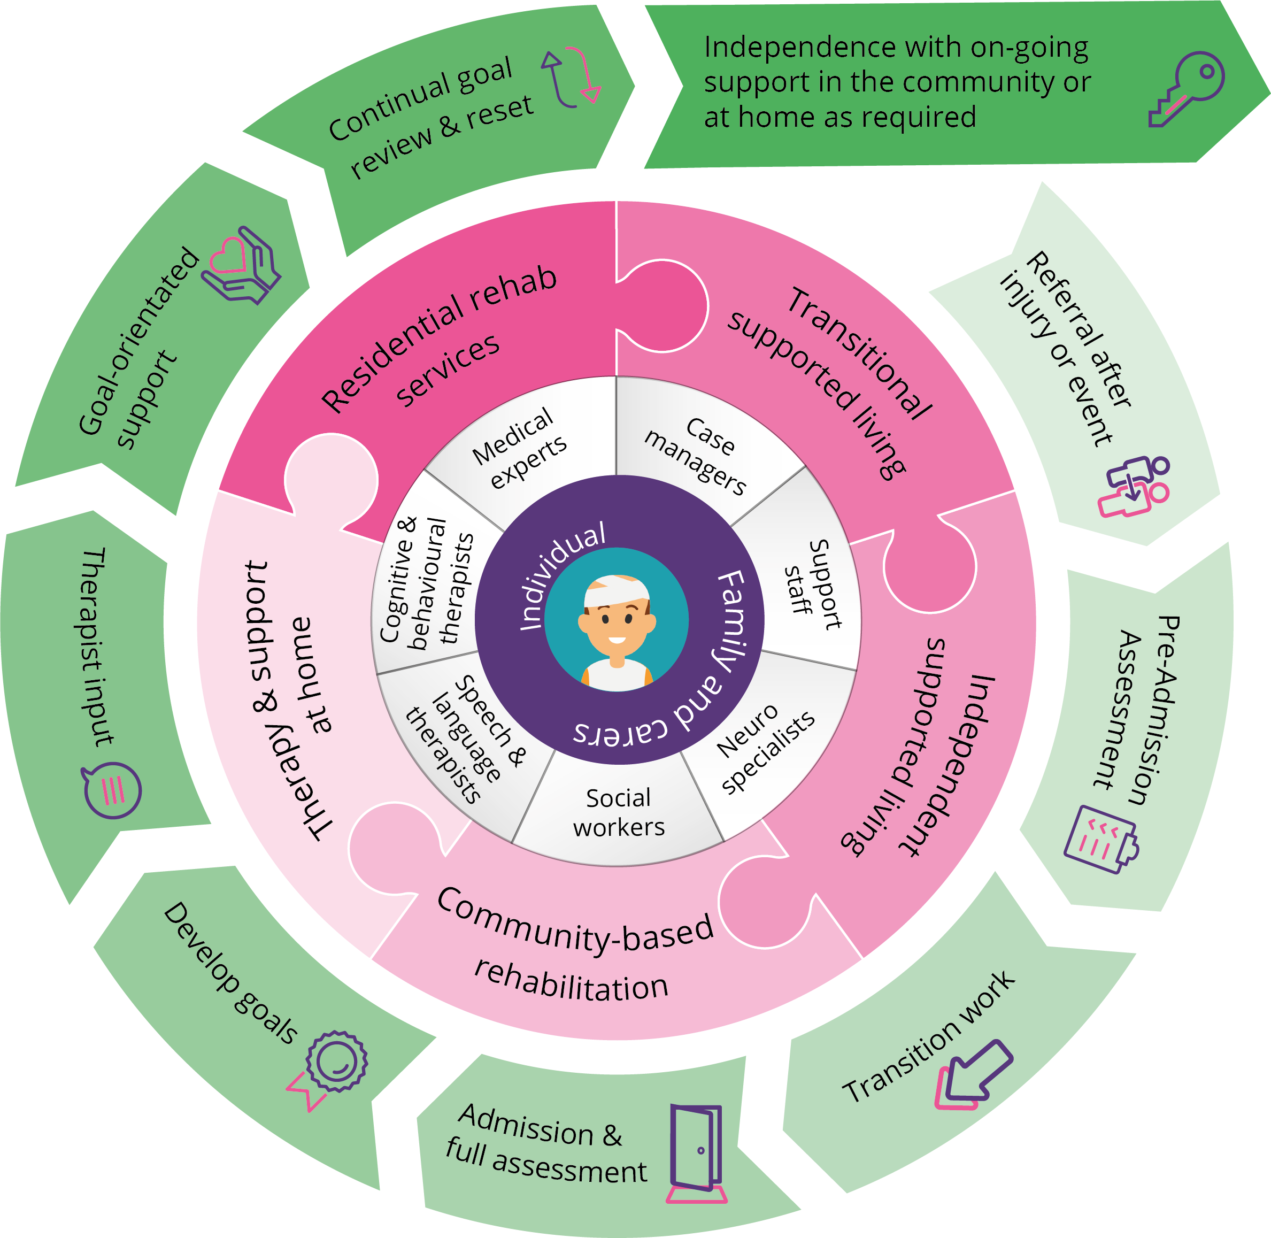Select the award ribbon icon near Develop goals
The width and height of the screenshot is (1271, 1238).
[x=332, y=1067]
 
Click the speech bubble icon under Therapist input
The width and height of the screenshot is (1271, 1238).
[x=112, y=790]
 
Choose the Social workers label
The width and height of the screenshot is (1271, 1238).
[x=619, y=813]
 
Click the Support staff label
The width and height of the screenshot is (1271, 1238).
[x=813, y=585]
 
